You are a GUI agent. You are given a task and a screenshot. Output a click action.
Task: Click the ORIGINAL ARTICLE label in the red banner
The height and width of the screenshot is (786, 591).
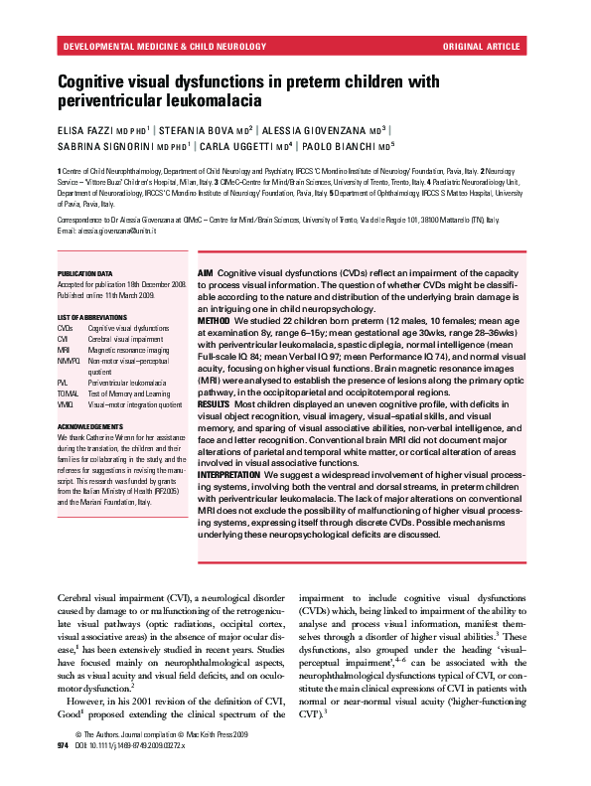pos(482,47)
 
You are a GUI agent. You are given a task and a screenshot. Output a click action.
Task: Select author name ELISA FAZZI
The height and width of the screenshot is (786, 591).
pos(87,129)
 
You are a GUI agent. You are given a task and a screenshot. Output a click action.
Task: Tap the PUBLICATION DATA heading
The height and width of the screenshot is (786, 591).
pos(84,273)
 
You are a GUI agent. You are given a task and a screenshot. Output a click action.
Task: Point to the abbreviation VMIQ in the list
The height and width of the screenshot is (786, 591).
pos(66,404)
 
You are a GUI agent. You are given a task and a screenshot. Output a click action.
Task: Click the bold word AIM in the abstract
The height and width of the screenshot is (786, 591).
pos(206,272)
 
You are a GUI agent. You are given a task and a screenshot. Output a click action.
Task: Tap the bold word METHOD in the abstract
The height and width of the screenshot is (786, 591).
pos(215,323)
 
